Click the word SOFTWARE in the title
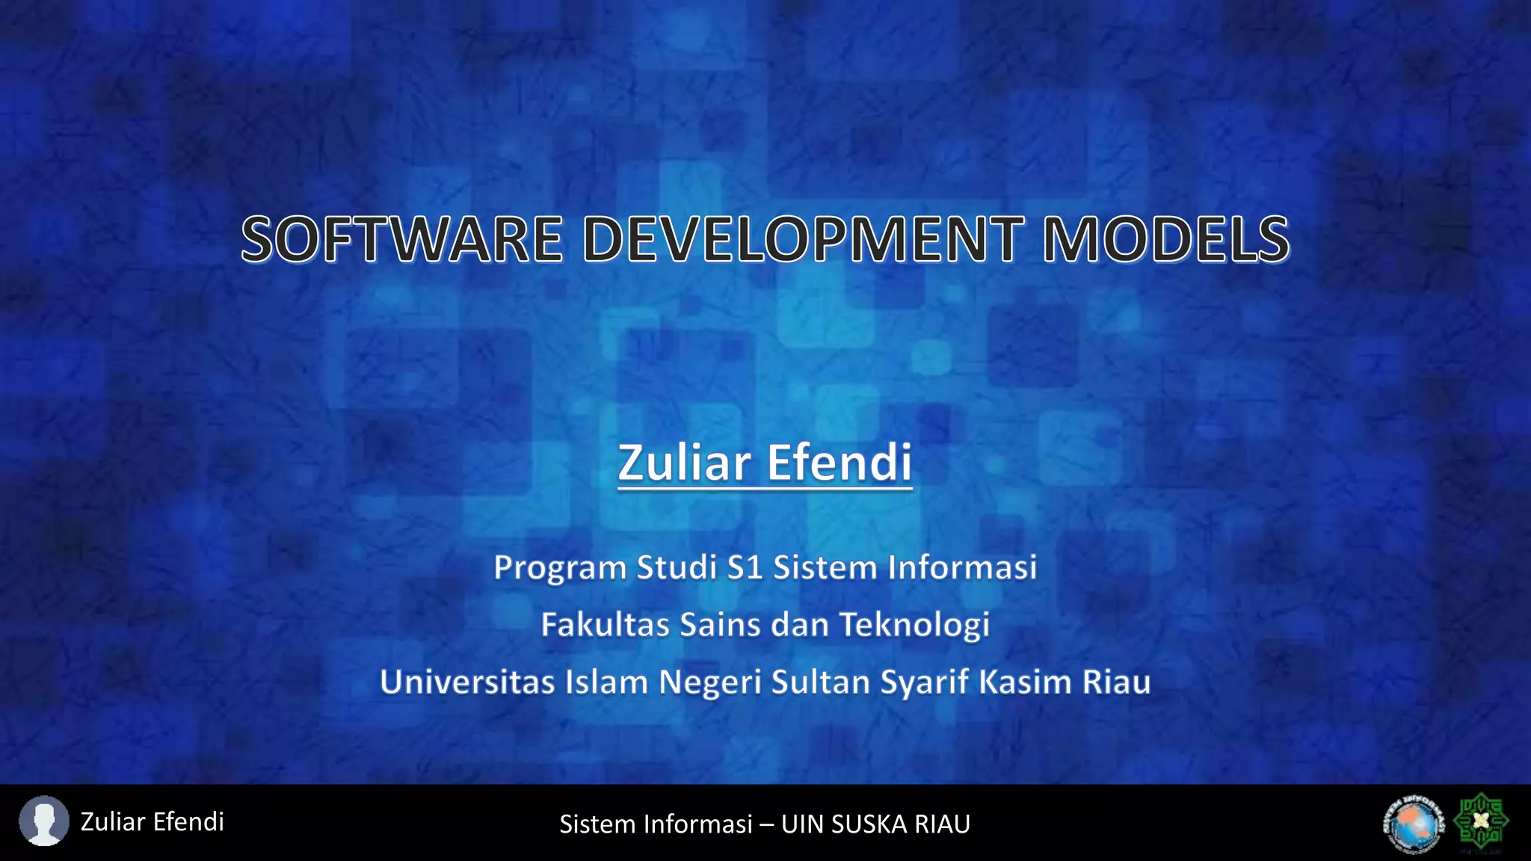point(401,240)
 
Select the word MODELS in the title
point(1165,240)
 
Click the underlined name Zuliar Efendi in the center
point(765,463)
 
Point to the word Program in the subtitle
point(560,568)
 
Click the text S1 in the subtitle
point(745,567)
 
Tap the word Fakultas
point(605,625)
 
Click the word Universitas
point(466,682)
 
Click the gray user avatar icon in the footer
point(43,821)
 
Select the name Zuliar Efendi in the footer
point(152,821)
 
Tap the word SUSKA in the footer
point(869,824)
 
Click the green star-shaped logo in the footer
point(1480,821)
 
